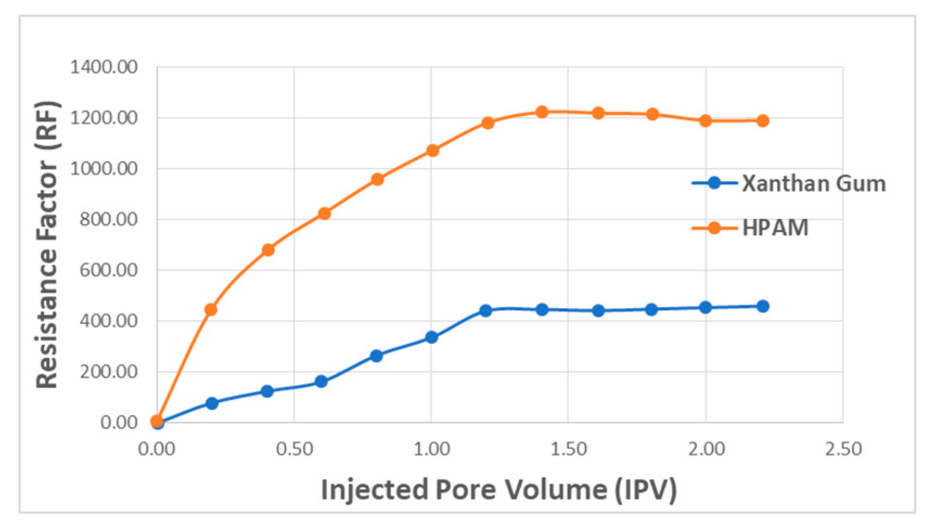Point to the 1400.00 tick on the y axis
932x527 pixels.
tap(104, 67)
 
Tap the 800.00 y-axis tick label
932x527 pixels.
tap(109, 219)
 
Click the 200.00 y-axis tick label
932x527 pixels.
tap(109, 372)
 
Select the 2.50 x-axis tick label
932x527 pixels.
tap(843, 449)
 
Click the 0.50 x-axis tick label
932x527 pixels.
tap(294, 449)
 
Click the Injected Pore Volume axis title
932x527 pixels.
tap(499, 490)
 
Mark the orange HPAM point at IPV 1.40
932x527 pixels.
tap(542, 112)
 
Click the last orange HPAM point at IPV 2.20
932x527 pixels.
tap(763, 121)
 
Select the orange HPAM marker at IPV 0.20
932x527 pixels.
tap(211, 309)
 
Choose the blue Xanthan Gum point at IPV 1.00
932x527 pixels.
tap(431, 337)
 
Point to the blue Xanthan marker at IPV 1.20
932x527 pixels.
tap(486, 310)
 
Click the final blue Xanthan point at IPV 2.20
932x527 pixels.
tap(763, 306)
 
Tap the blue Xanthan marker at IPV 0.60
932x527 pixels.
tap(321, 381)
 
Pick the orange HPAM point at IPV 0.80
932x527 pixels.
tap(377, 179)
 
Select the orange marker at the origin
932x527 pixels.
tap(157, 421)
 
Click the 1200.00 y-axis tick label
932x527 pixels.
tap(104, 118)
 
